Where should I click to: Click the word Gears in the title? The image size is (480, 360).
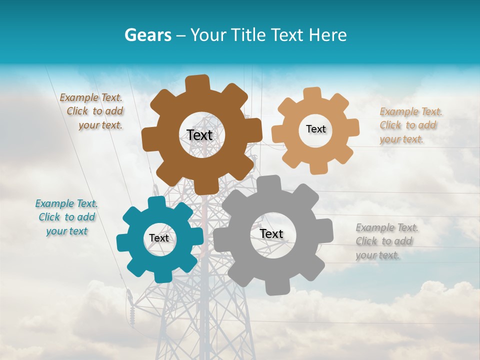click(x=147, y=35)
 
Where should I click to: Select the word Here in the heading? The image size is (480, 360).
click(x=328, y=35)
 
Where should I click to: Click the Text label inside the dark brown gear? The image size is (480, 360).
click(x=199, y=135)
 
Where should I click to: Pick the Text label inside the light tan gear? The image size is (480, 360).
click(x=315, y=129)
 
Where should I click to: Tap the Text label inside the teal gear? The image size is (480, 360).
click(x=159, y=238)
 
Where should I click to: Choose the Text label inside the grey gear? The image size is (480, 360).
click(x=271, y=233)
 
